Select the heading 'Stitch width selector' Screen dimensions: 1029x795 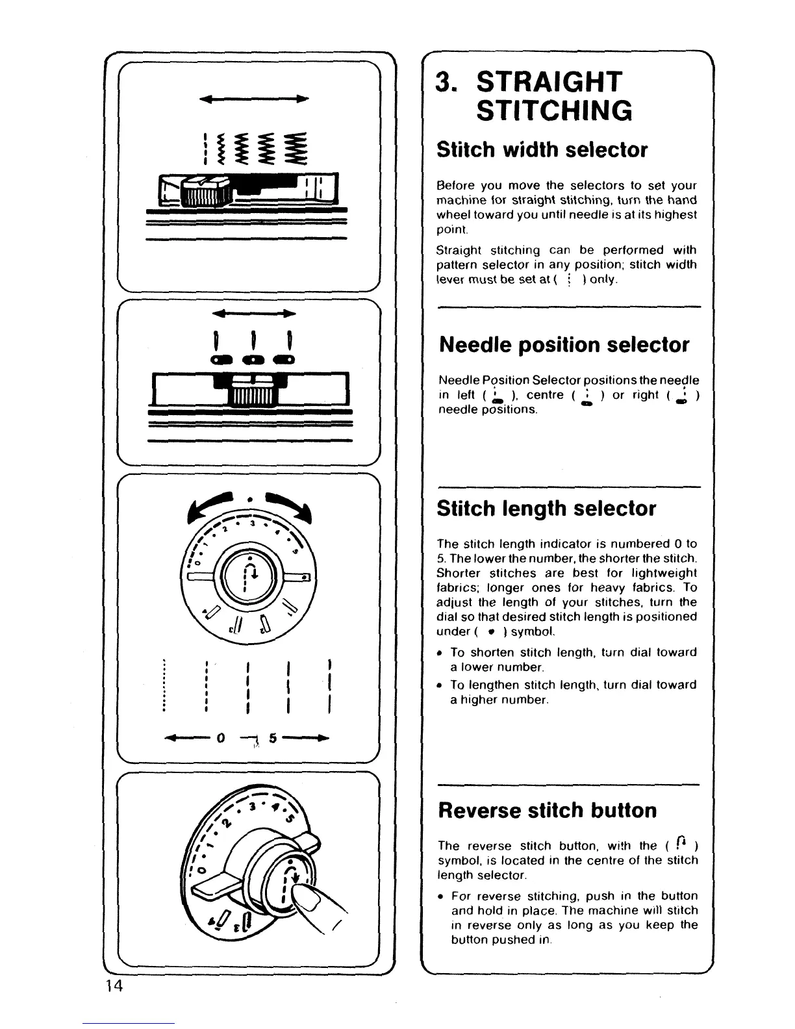click(542, 150)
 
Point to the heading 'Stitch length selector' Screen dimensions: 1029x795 click(546, 508)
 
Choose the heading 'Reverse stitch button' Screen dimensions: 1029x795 click(548, 810)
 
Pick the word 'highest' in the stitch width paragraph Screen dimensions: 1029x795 click(676, 214)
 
